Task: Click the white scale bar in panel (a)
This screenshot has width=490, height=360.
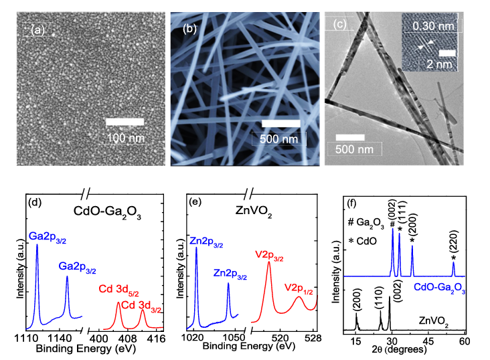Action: pos(125,122)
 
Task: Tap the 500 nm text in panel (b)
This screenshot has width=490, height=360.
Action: pos(278,139)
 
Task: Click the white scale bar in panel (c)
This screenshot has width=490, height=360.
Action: pos(350,137)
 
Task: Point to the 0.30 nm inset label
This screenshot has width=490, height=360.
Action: pos(433,26)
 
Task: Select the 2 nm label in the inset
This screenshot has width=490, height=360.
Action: pos(439,64)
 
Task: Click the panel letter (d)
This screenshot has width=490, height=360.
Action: pos(35,202)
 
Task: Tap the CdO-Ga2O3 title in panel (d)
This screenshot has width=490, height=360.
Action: pos(107,212)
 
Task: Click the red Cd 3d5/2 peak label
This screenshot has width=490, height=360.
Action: pos(118,290)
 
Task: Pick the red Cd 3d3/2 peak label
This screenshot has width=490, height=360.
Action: pos(141,306)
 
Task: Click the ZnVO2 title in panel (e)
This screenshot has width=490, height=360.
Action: pos(254,211)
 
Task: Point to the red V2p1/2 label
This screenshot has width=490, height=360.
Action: pos(299,288)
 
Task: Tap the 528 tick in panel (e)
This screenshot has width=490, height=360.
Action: pos(314,337)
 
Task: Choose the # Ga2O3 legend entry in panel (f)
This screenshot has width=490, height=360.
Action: pos(366,223)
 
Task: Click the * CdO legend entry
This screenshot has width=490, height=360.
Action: pos(363,241)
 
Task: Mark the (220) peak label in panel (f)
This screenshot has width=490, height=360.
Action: pos(454,241)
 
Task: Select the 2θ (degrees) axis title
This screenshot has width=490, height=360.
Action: pos(399,350)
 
